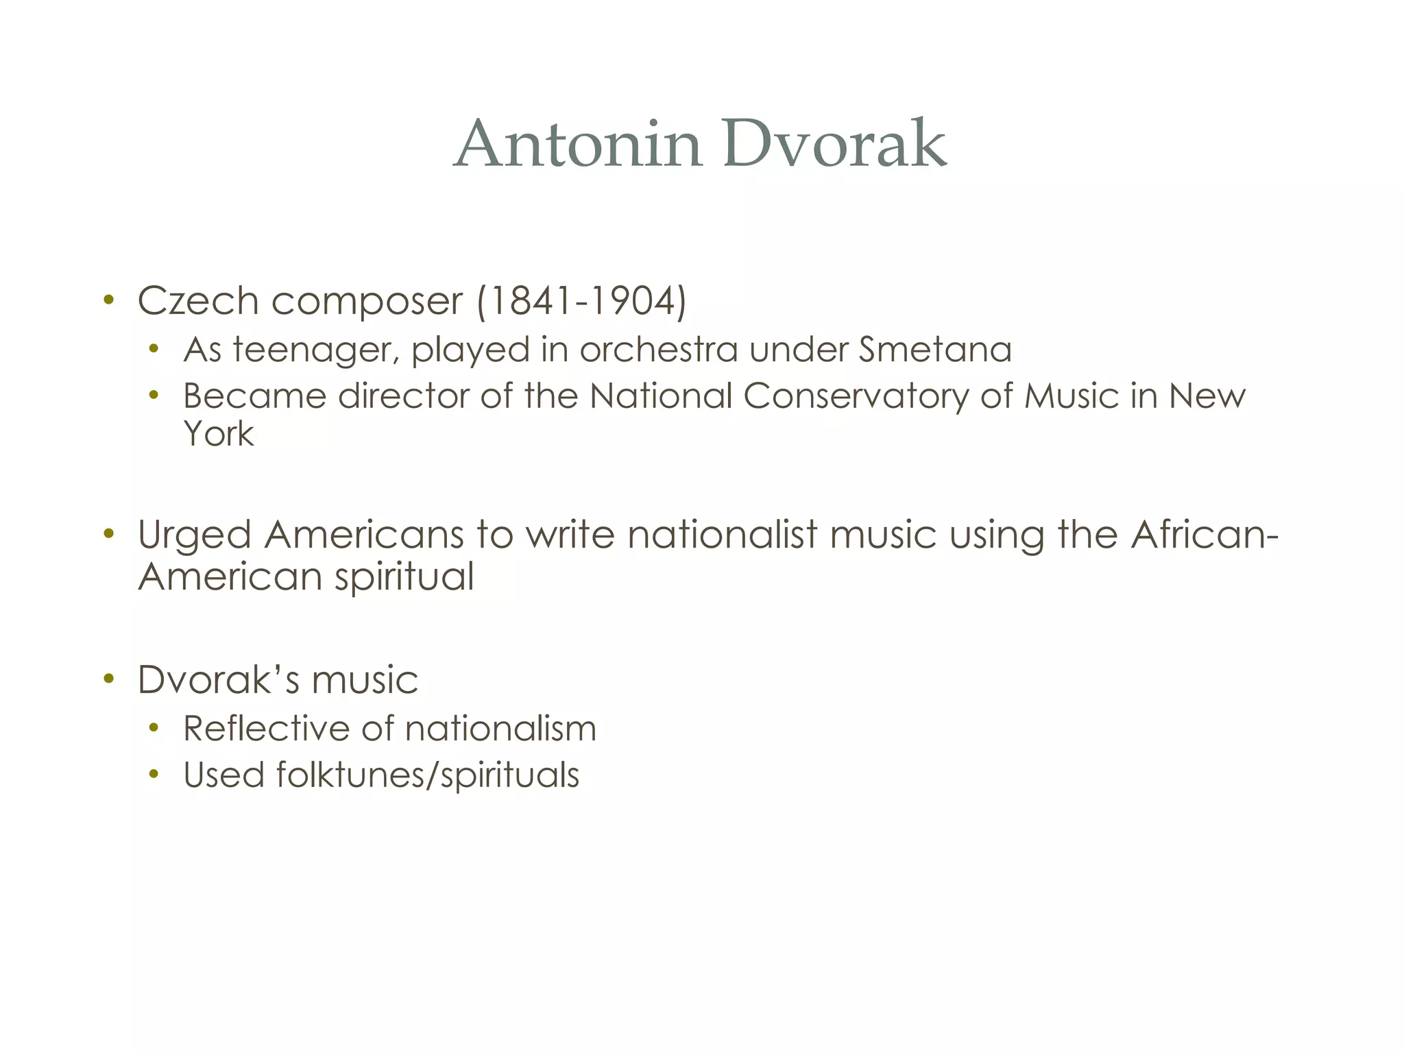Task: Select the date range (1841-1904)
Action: (581, 301)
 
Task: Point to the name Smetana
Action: (935, 349)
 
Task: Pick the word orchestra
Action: (659, 349)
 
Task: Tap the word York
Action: (218, 434)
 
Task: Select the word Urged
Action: (194, 536)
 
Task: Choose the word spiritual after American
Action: (404, 577)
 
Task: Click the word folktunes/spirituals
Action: (428, 775)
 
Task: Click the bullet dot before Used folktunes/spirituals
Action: (154, 775)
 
